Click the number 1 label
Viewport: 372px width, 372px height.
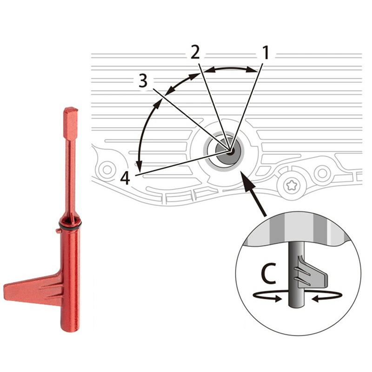(266, 53)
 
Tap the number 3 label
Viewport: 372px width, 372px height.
(143, 81)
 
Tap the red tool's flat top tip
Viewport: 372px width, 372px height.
(71, 112)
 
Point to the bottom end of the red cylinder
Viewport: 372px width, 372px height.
(70, 328)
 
